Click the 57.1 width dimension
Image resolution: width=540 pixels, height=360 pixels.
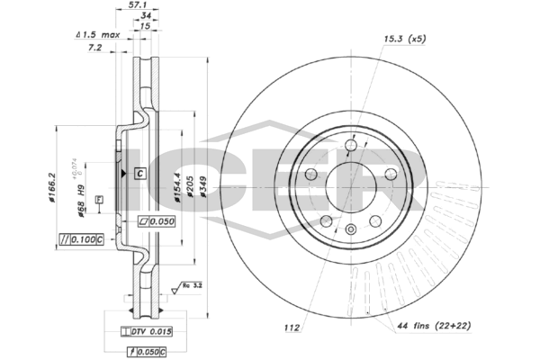pyautogui.click(x=139, y=4)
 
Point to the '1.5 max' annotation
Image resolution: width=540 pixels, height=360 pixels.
pyautogui.click(x=101, y=35)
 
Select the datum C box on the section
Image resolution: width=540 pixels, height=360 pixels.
pyautogui.click(x=139, y=172)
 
